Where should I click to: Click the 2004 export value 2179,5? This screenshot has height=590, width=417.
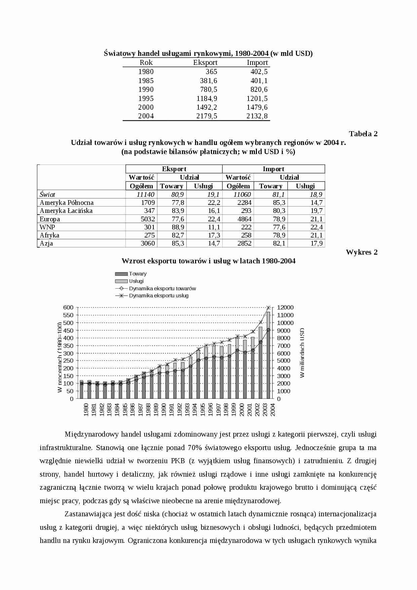coord(206,116)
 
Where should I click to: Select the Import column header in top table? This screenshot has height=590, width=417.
coord(257,63)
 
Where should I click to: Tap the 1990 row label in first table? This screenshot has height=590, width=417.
coord(146,89)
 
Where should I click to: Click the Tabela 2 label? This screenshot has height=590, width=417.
coord(363,134)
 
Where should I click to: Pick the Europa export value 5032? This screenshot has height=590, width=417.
coord(148,219)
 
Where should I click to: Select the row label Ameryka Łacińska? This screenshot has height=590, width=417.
coord(66,211)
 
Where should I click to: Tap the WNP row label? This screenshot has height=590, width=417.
coord(47,227)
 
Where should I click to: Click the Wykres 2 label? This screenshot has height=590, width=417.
coord(362,252)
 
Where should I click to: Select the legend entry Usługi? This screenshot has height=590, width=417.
coord(136,281)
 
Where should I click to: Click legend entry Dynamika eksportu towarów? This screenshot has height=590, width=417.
coord(162,289)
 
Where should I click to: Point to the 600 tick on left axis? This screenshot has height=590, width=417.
coord(68,307)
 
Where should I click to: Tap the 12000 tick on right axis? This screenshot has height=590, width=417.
coord(285,307)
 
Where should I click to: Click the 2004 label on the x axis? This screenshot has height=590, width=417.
coord(273,409)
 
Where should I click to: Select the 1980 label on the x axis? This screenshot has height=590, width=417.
coord(86,409)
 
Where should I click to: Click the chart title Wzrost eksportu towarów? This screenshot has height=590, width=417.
coord(208,261)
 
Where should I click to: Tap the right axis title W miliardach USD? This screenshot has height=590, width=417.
coord(302,353)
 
